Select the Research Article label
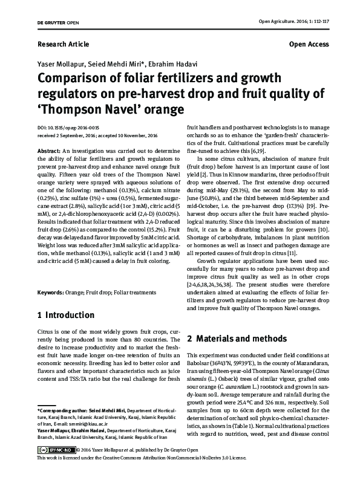pos(63,44)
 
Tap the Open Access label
pos(309,44)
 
